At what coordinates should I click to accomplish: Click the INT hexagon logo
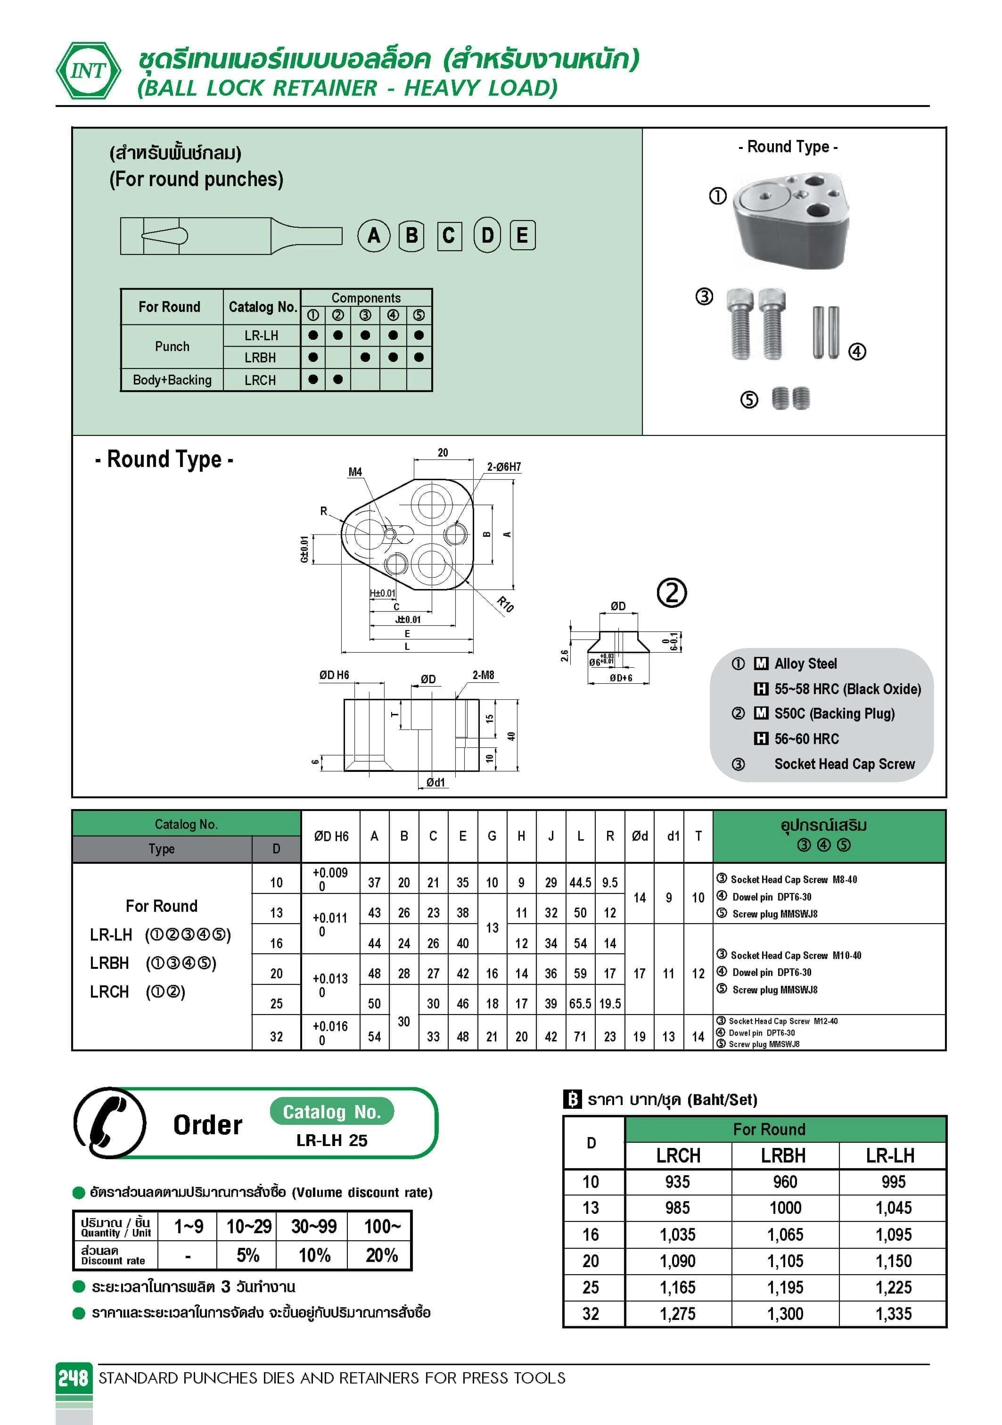(x=88, y=71)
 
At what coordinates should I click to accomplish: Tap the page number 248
(x=73, y=1378)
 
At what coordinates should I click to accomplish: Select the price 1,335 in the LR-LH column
(x=893, y=1314)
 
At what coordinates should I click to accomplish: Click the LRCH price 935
(x=677, y=1182)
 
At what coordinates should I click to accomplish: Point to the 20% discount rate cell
(x=381, y=1255)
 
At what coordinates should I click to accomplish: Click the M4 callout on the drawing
(x=355, y=472)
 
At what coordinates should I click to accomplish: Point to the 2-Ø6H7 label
(x=503, y=467)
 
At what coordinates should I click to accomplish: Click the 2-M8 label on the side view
(x=483, y=675)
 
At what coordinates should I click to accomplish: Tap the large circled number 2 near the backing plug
(x=672, y=593)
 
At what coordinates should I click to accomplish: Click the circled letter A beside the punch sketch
(x=374, y=236)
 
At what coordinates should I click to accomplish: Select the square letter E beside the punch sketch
(x=523, y=236)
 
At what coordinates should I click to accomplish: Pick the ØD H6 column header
(x=331, y=836)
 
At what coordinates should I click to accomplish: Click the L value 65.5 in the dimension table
(x=580, y=1004)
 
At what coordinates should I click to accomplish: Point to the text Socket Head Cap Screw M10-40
(x=795, y=955)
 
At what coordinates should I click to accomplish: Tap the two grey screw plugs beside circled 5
(x=791, y=399)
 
